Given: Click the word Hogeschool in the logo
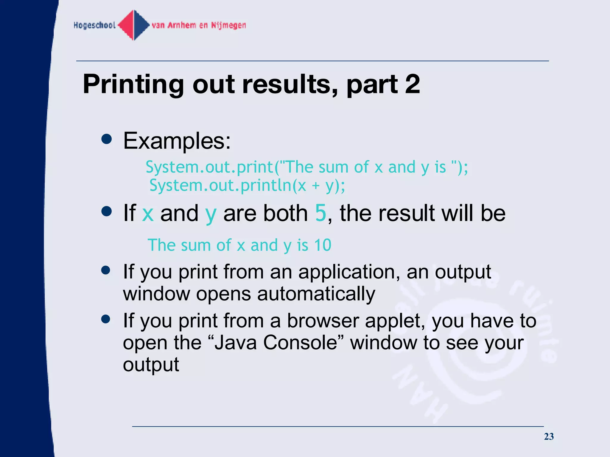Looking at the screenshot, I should click(x=94, y=25).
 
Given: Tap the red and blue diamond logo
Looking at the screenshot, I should click(x=134, y=25).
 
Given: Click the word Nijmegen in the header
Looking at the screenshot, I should click(x=228, y=25).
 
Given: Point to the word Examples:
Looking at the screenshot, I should click(x=177, y=141).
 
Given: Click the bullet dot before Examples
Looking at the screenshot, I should click(x=106, y=139).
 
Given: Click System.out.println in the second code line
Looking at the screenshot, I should click(x=220, y=185).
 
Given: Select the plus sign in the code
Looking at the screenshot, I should click(x=316, y=186).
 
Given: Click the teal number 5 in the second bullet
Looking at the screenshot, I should click(x=321, y=213).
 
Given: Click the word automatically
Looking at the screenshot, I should click(x=316, y=294).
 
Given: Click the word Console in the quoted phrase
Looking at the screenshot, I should click(x=300, y=343).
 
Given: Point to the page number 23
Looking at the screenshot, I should click(x=549, y=436).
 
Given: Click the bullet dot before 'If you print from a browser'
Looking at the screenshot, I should click(x=106, y=319).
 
